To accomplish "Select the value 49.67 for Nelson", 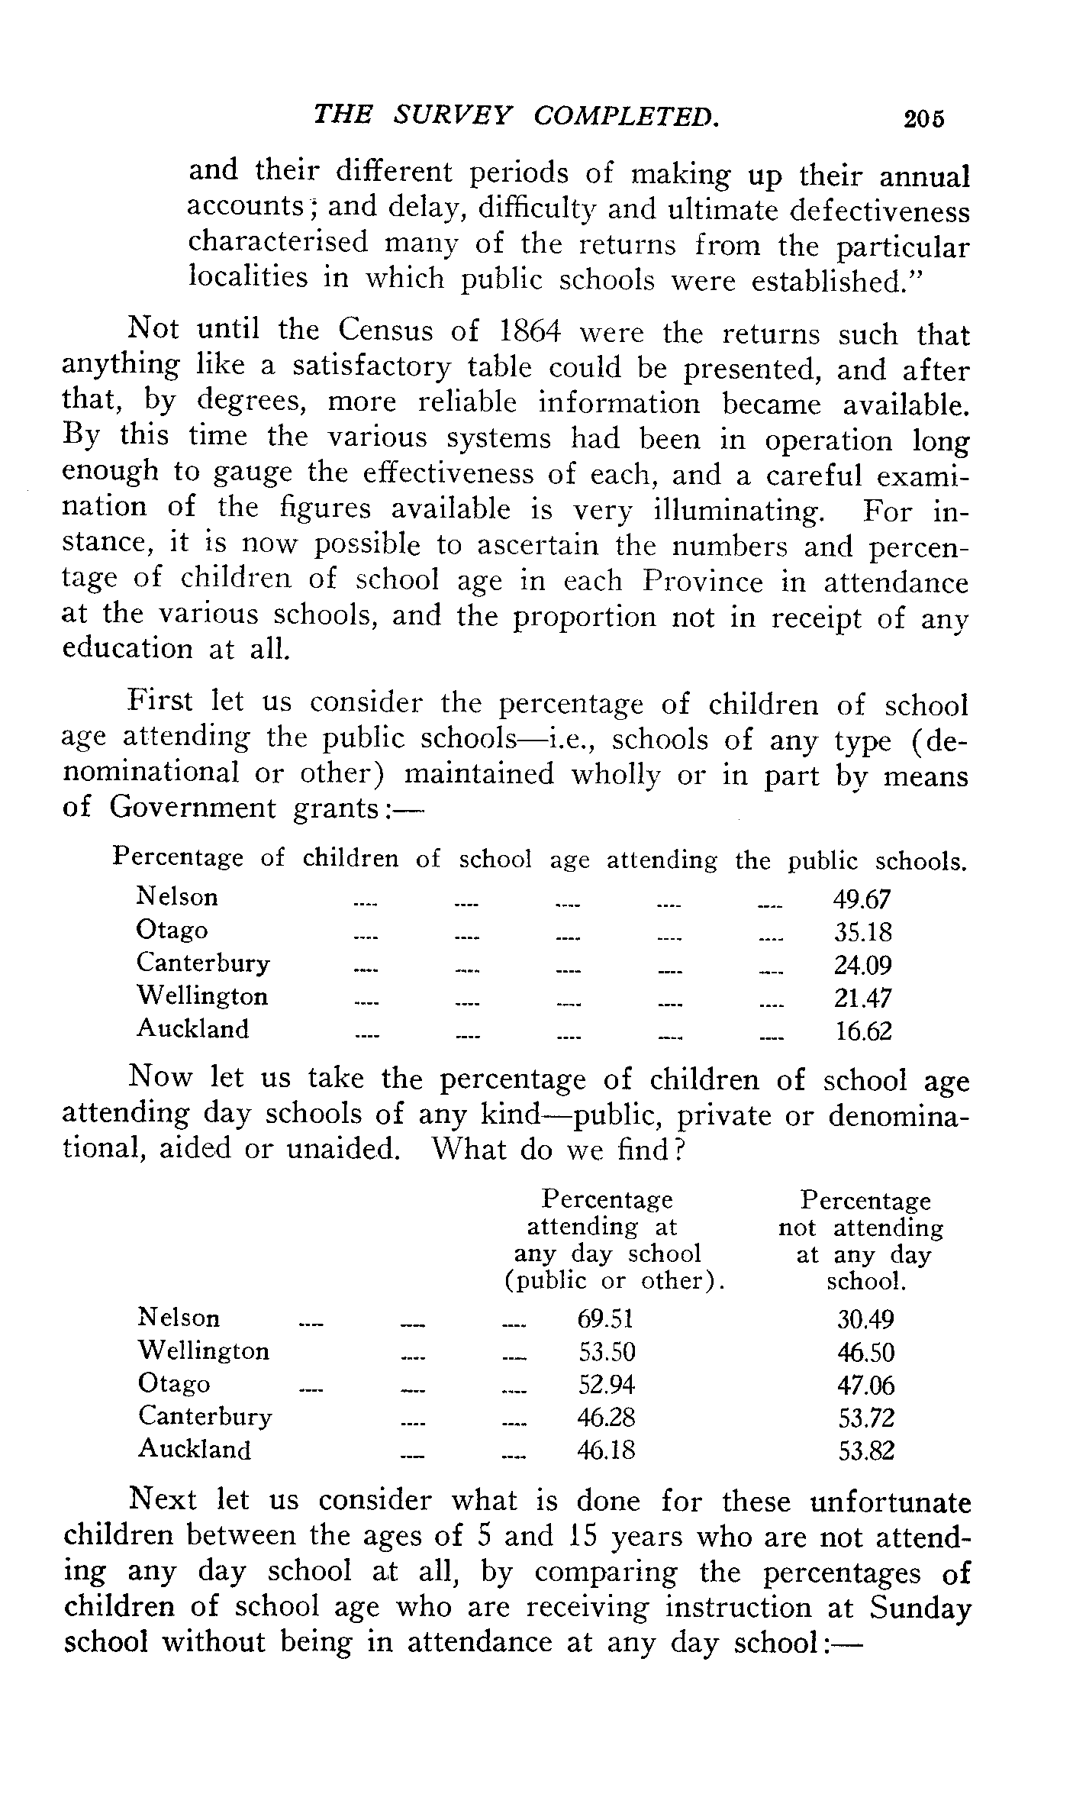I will [862, 899].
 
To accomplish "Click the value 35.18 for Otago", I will [862, 932].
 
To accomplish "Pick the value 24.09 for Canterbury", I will [862, 966].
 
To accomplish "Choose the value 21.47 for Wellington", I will [862, 999].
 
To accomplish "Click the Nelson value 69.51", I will [606, 1319].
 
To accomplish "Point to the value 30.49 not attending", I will [865, 1319].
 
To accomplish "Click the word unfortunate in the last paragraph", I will [890, 1502].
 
